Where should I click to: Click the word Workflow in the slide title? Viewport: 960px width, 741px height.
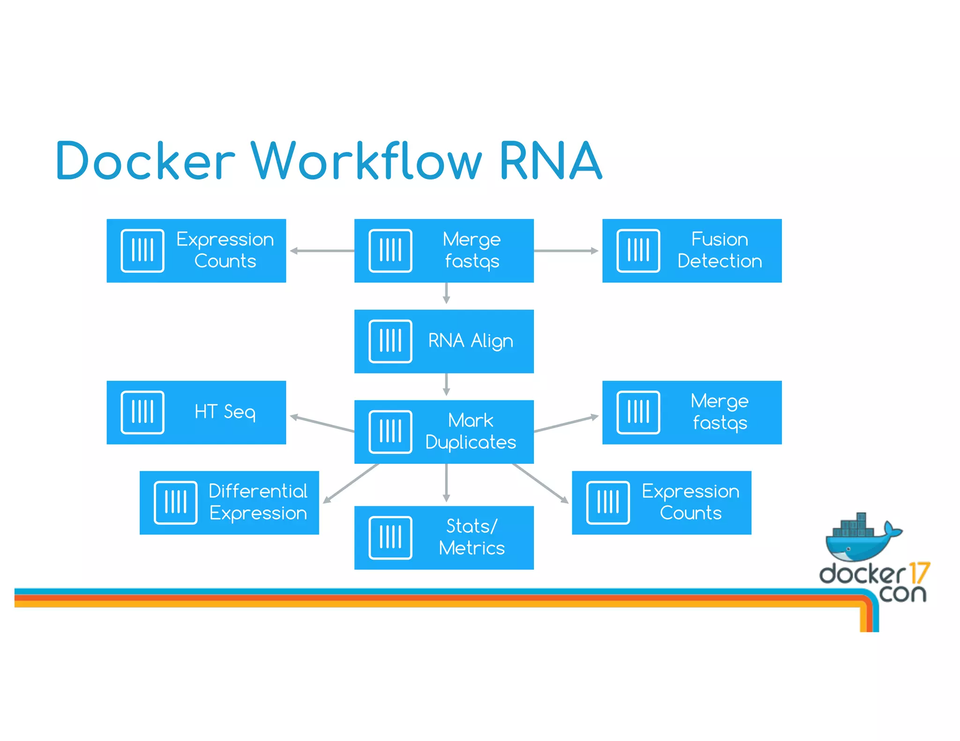tap(366, 162)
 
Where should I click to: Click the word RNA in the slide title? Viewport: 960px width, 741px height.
tap(550, 162)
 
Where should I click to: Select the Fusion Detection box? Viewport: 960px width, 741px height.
tap(691, 251)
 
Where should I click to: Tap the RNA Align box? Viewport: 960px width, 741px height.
tap(443, 341)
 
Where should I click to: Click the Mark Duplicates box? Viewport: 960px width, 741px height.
tap(443, 431)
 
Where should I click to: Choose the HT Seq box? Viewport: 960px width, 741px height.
tap(196, 412)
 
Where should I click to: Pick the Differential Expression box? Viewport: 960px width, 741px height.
tap(229, 503)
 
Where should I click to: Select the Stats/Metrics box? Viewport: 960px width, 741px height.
tap(443, 537)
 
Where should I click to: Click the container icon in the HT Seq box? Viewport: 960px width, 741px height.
tap(142, 412)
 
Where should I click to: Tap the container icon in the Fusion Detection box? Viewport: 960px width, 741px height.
tap(638, 251)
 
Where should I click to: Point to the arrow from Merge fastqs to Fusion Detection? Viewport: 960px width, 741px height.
tap(566, 251)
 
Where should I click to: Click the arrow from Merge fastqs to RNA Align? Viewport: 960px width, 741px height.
tap(446, 293)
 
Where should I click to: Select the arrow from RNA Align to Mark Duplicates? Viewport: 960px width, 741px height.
tap(446, 385)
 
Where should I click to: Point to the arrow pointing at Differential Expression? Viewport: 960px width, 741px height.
tap(351, 483)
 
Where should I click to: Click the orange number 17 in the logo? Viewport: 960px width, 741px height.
tap(919, 573)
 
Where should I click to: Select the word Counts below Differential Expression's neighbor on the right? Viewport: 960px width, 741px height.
tap(690, 513)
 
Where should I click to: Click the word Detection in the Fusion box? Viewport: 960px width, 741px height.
tap(720, 261)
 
